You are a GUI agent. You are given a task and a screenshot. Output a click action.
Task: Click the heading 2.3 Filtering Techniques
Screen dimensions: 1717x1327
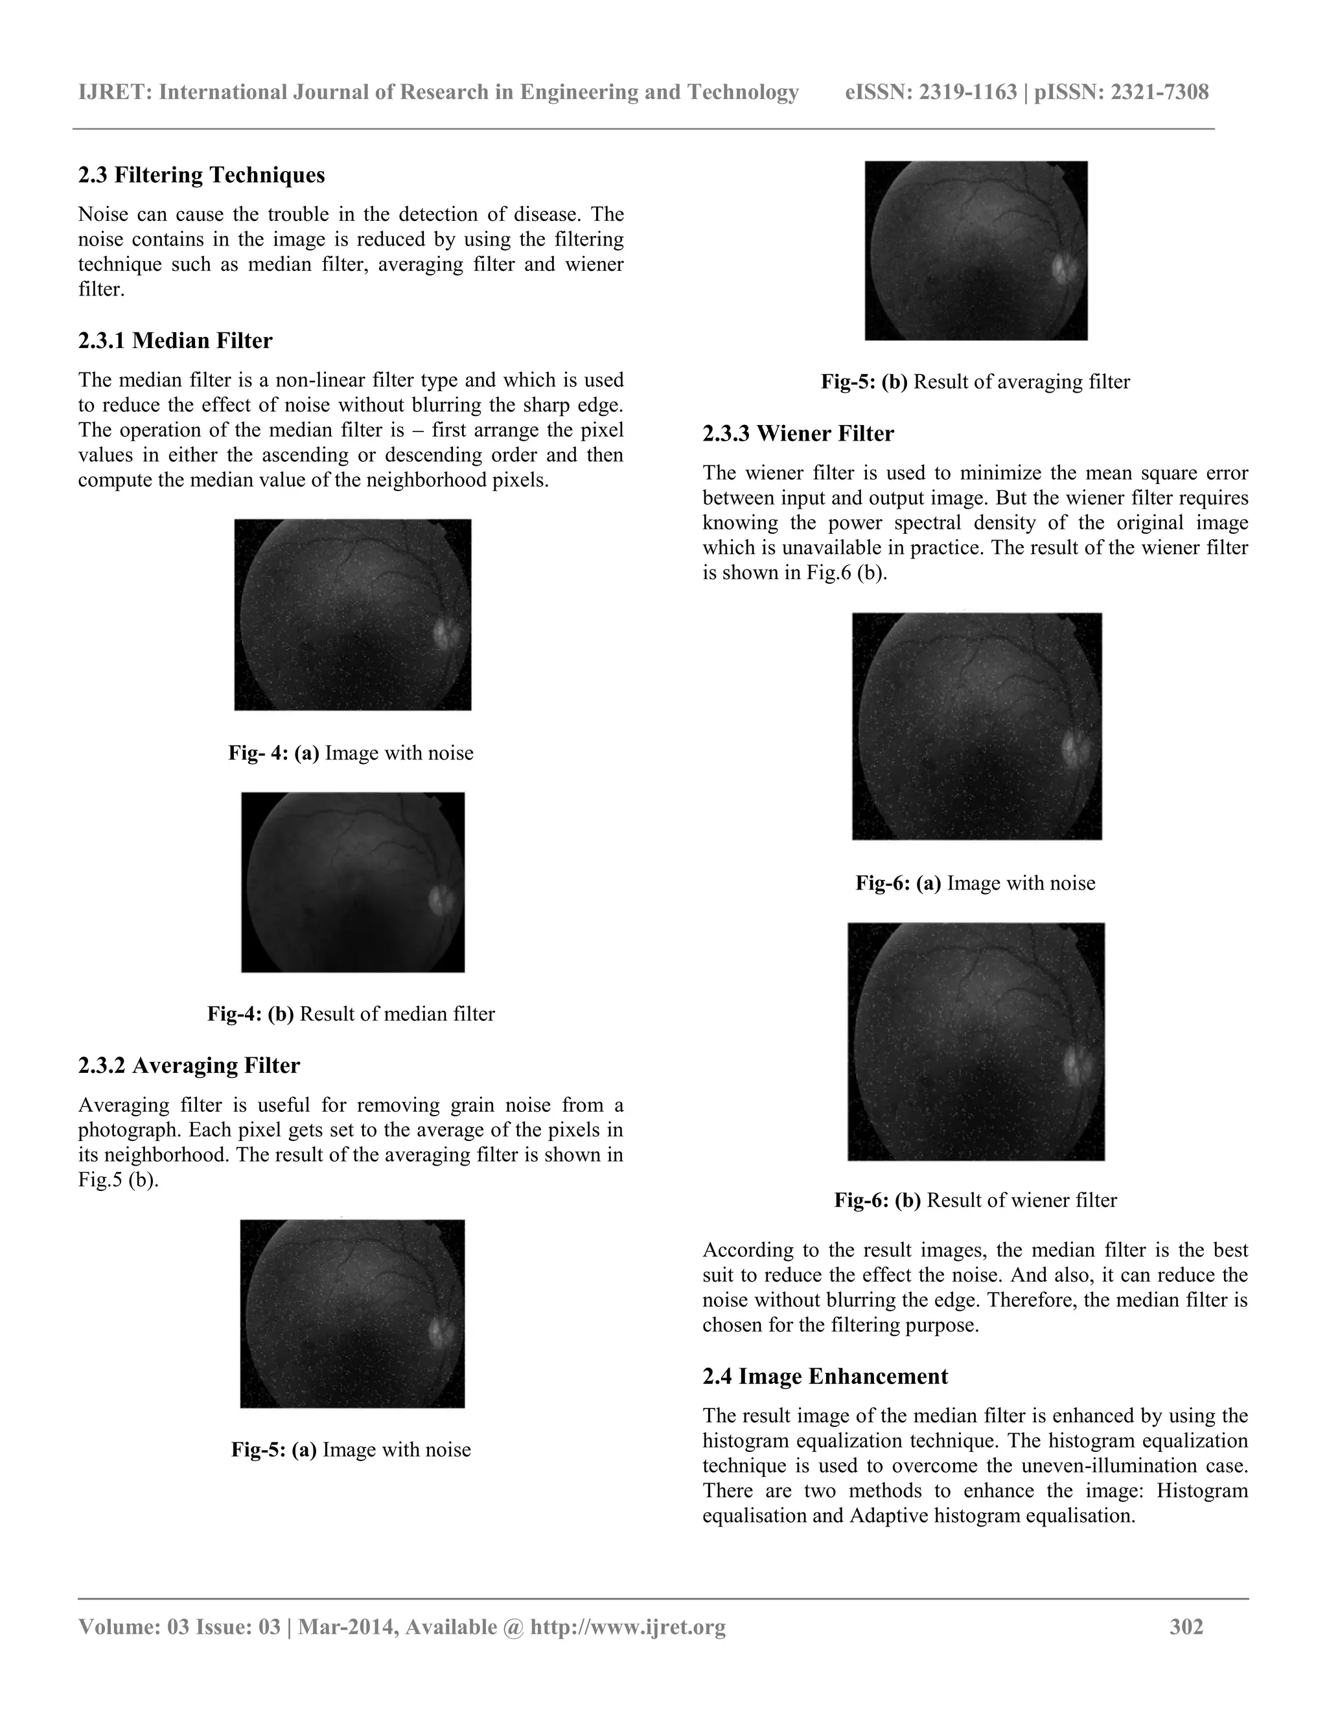coord(202,174)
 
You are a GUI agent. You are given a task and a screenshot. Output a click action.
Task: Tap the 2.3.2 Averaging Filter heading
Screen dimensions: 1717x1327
coord(189,1065)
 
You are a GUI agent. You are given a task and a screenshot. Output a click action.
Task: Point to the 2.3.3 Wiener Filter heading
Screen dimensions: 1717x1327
coord(798,433)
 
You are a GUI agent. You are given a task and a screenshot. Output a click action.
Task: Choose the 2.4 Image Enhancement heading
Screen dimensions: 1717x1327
coord(825,1376)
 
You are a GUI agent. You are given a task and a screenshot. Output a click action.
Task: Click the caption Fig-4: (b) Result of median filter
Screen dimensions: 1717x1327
coord(351,1013)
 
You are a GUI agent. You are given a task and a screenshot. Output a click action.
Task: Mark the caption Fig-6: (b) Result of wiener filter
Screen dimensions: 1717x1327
coord(975,1200)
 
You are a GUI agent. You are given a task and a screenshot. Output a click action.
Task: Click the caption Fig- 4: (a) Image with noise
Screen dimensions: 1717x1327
coord(351,752)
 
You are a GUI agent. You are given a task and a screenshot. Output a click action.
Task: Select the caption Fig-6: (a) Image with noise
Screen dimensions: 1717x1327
coord(975,883)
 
